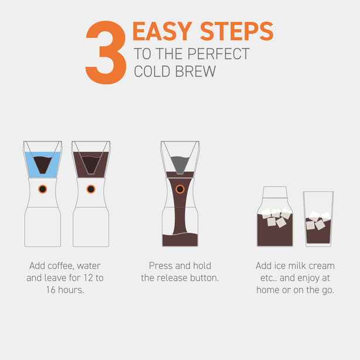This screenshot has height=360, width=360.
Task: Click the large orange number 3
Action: pyautogui.click(x=106, y=53)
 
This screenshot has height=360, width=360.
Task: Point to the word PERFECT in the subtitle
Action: pyautogui.click(x=219, y=55)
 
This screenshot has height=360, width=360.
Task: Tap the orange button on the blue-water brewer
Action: pyautogui.click(x=42, y=189)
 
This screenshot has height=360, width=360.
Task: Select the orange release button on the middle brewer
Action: pyautogui.click(x=180, y=189)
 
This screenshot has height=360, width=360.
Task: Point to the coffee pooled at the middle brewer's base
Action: pyautogui.click(x=180, y=239)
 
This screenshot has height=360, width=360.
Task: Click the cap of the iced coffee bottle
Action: pyautogui.click(x=275, y=193)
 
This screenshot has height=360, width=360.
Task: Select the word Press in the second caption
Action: pyautogui.click(x=161, y=266)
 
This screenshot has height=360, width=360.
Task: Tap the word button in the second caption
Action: pyautogui.click(x=204, y=277)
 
